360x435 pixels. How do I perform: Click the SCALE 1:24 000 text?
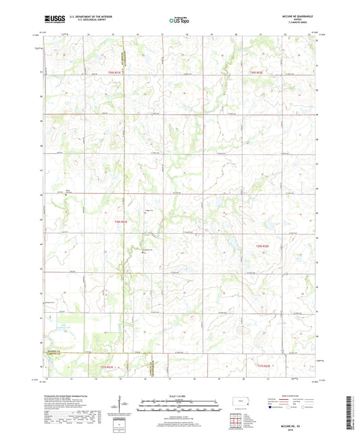coord(179,394)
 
